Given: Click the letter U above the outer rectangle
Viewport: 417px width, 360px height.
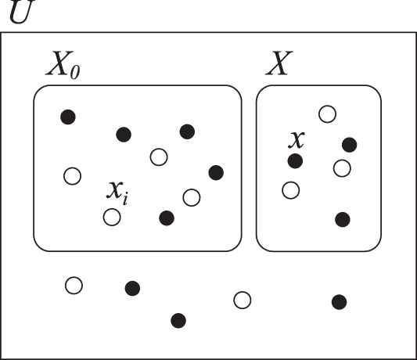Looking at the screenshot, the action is point(22,11).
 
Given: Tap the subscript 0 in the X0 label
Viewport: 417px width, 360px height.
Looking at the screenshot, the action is point(75,72).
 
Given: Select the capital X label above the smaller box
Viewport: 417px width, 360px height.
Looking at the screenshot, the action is point(279,63).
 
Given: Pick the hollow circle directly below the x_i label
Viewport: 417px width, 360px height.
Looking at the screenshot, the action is point(112,217).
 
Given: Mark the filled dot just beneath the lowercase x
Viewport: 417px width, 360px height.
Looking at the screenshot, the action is point(295,161).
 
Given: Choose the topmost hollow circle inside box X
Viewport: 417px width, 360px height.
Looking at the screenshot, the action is point(327,114).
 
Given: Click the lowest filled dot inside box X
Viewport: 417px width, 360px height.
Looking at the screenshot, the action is point(343,219).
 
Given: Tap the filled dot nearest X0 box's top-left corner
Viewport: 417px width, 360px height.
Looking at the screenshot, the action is point(68,117).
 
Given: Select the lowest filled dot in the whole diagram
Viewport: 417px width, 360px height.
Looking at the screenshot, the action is point(178,321).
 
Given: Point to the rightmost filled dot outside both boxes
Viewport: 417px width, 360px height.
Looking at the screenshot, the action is point(339,302).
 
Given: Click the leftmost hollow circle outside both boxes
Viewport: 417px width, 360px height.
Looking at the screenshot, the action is point(74,286).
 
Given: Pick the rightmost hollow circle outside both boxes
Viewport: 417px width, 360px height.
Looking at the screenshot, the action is point(242,301).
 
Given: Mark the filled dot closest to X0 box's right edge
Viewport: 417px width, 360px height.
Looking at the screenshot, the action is point(216,173).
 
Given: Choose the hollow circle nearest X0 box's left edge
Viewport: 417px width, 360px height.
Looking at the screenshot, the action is point(72,176).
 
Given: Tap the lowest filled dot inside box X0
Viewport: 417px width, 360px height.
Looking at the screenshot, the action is point(167,218).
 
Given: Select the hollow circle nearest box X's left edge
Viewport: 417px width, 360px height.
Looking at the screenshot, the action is point(291,190).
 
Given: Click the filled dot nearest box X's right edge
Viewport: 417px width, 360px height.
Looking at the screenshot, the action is point(350,145).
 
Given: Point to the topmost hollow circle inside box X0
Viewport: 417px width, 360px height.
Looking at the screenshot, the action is point(159,157).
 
